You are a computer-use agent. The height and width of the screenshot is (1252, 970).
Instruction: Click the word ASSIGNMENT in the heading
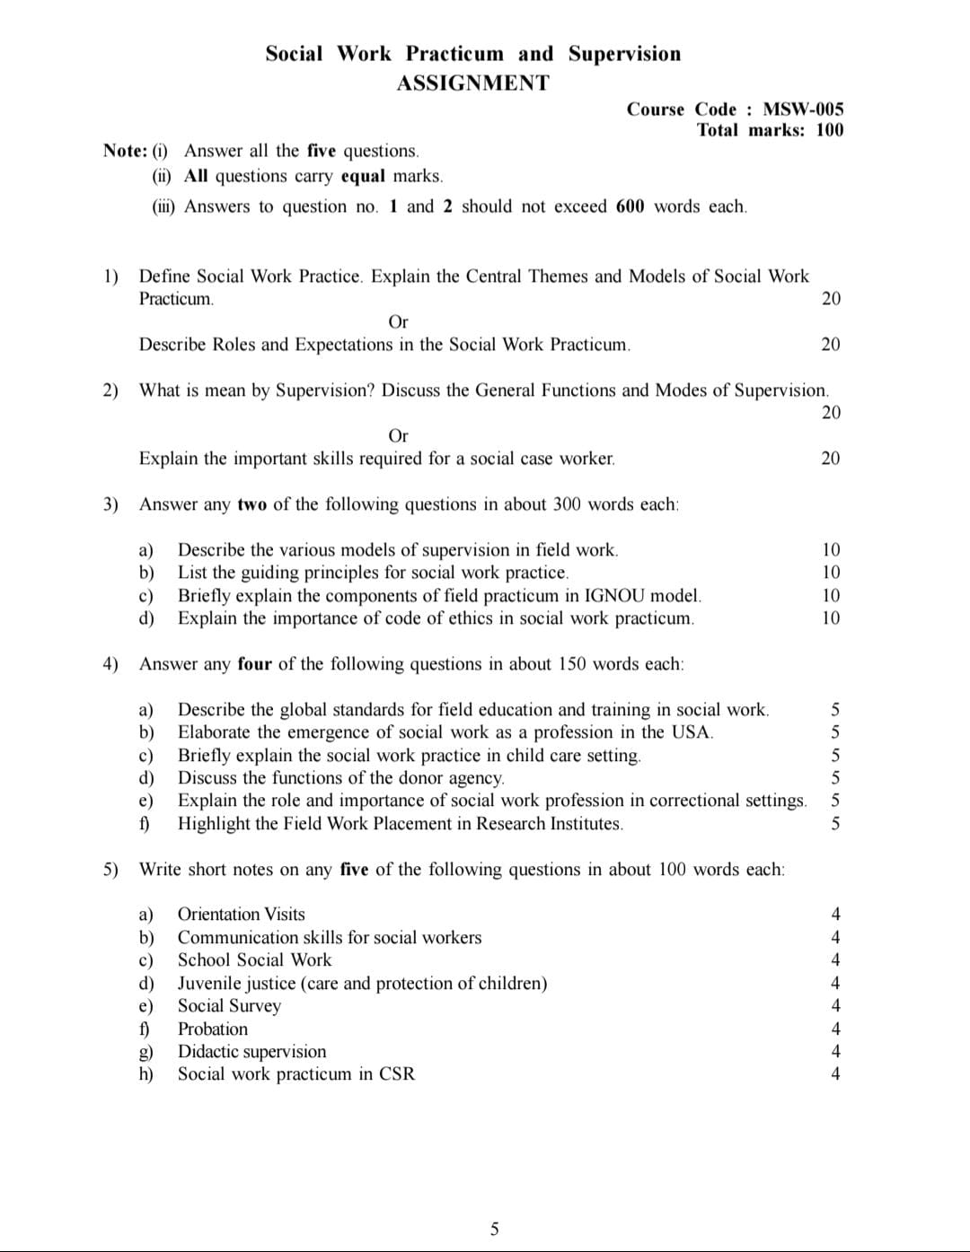(x=472, y=83)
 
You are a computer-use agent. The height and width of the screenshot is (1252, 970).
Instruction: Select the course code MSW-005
(x=803, y=109)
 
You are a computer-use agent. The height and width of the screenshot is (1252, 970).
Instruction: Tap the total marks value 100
(x=830, y=130)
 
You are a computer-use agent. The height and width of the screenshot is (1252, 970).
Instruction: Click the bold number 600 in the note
(x=630, y=206)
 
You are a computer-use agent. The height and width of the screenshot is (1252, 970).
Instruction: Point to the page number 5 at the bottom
(x=494, y=1229)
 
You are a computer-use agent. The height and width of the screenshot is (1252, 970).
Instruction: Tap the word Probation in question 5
(x=213, y=1029)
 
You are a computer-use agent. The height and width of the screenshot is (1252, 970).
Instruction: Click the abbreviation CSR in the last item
(x=397, y=1074)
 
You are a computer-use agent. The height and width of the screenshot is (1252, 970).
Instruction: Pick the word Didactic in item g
(x=212, y=1052)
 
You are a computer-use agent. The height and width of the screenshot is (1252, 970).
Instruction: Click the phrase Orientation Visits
(x=241, y=915)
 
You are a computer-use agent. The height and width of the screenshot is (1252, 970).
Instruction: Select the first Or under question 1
(x=398, y=322)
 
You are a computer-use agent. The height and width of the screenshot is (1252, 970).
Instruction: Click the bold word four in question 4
(x=254, y=664)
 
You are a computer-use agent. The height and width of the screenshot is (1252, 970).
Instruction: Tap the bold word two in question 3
(x=251, y=504)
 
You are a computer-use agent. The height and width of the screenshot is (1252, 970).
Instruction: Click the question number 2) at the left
(x=110, y=390)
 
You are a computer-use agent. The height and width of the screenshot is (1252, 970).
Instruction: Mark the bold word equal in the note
(x=363, y=176)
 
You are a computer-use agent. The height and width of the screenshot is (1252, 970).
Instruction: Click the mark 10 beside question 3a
(x=831, y=549)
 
